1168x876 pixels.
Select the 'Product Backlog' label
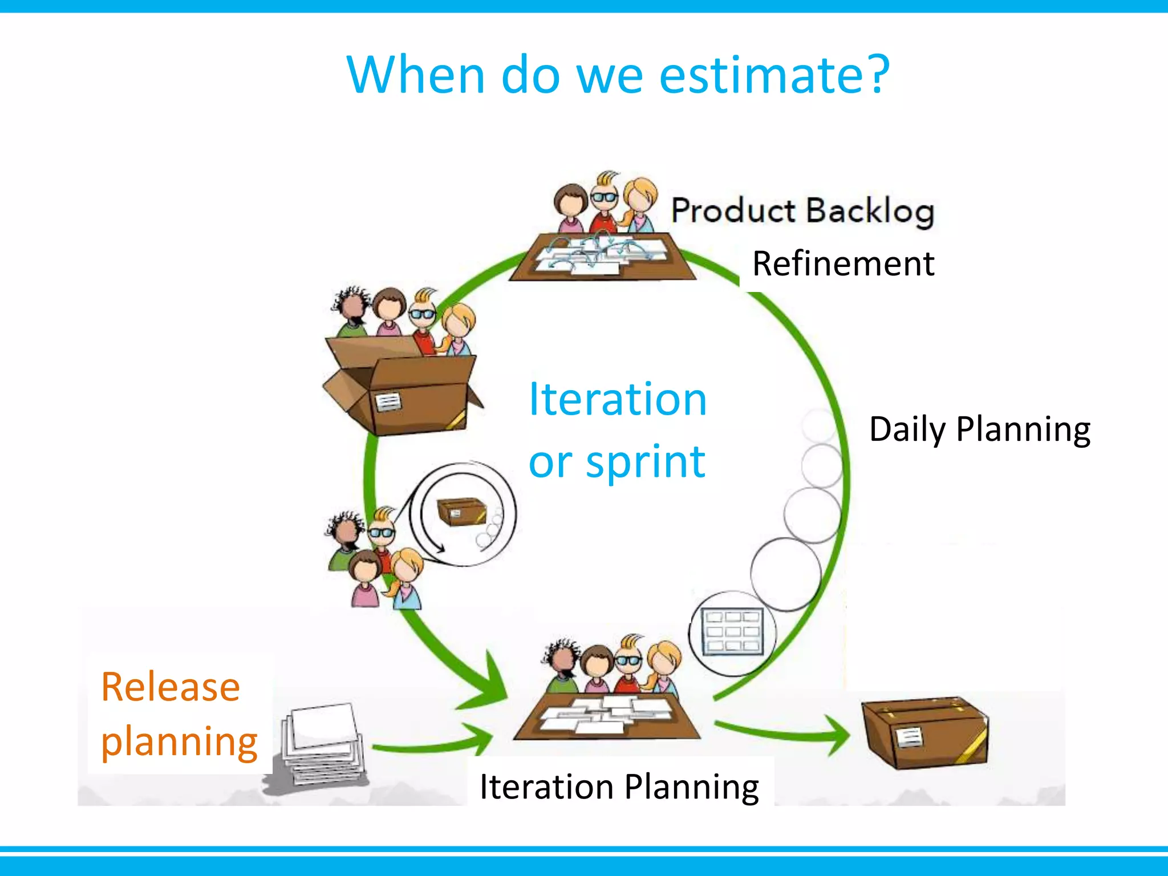(x=802, y=210)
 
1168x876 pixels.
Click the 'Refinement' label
(x=843, y=264)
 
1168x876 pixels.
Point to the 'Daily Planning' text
(x=979, y=429)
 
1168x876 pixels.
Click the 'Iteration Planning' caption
(x=619, y=787)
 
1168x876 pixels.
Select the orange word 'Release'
(x=170, y=687)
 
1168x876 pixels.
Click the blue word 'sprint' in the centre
(x=646, y=461)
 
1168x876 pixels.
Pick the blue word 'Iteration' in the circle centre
(x=618, y=399)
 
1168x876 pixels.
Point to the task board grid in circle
(x=732, y=632)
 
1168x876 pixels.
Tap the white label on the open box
(x=388, y=402)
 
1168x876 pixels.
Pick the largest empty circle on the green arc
(x=785, y=574)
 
